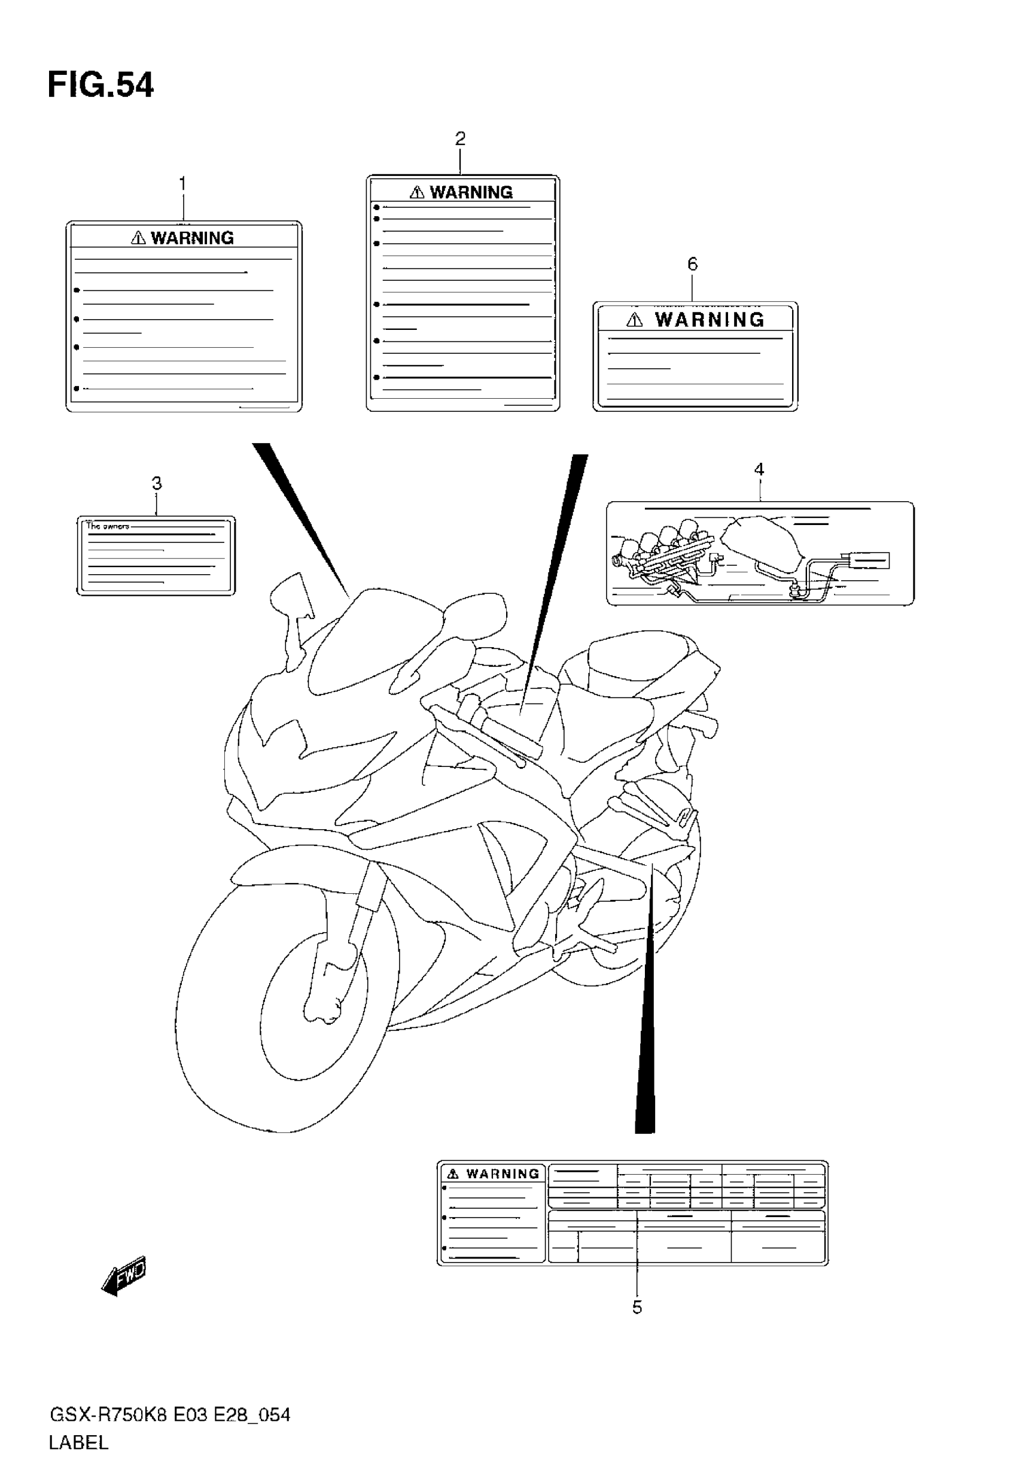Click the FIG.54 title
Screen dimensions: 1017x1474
[x=101, y=86]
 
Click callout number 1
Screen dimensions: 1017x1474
[x=182, y=184]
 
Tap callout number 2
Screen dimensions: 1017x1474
[x=460, y=138]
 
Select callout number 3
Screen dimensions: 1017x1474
[x=157, y=483]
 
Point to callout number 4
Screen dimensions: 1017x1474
[x=759, y=470]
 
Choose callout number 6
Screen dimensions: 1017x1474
[x=693, y=264]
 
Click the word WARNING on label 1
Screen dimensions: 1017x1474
[x=193, y=238]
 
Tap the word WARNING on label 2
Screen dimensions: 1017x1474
[x=471, y=193]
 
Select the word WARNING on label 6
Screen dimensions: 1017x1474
[x=710, y=320]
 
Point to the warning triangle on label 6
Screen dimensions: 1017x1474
[x=634, y=320]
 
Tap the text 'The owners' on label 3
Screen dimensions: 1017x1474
[x=108, y=527]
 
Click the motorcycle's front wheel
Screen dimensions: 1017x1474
[x=281, y=1008]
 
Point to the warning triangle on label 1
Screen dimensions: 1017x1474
[x=138, y=238]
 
